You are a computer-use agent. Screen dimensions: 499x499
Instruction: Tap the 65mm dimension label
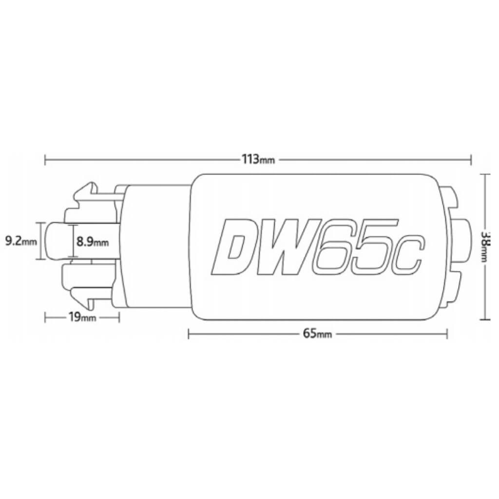click(317, 334)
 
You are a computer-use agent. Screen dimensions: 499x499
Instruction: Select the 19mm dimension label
click(82, 318)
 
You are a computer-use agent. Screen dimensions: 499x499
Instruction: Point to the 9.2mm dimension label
click(20, 240)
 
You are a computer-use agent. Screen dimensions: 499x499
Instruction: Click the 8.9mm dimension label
click(93, 241)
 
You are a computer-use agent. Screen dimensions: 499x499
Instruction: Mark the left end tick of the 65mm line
click(189, 334)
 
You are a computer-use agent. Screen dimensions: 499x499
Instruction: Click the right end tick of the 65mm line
click(447, 334)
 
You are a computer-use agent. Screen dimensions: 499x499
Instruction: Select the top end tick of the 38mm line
click(485, 174)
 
